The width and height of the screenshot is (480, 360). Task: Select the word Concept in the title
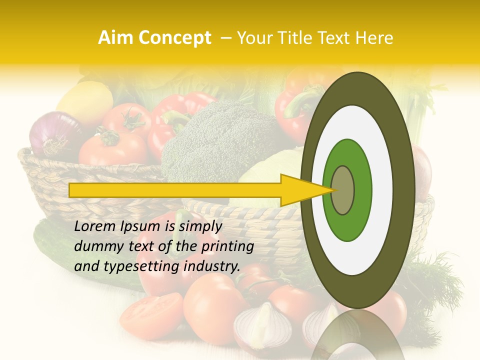pyautogui.click(x=174, y=38)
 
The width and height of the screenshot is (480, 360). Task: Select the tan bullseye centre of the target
pyautogui.click(x=342, y=190)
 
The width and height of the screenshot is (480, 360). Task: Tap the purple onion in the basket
pyautogui.click(x=52, y=134)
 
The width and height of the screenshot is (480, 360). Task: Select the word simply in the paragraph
pyautogui.click(x=200, y=226)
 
